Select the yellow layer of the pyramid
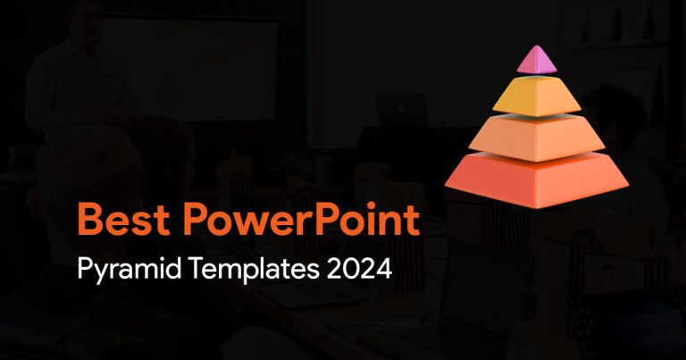tap(537, 96)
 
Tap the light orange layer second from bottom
tap(537, 138)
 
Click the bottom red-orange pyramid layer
tap(537, 180)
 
